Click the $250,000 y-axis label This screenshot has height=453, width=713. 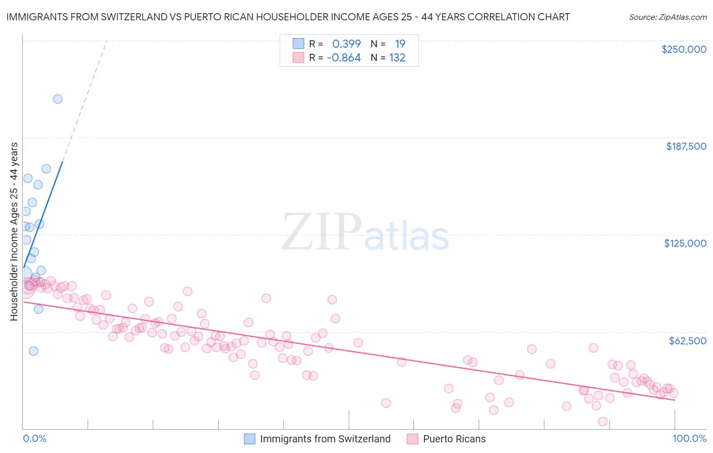tap(684, 49)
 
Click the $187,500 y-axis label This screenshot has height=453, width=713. tap(686, 146)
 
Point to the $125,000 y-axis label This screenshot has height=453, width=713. tap(685, 243)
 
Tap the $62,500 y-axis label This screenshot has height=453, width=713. tap(687, 341)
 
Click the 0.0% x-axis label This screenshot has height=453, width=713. tap(34, 438)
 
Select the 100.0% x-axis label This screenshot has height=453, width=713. tap(689, 438)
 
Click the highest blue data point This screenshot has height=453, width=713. tap(58, 99)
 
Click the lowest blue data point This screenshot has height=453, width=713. tap(33, 351)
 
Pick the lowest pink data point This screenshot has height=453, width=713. tap(603, 422)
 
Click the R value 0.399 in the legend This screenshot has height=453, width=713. tap(346, 44)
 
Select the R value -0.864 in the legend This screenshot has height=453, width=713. tap(344, 58)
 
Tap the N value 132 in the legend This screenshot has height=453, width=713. tap(397, 58)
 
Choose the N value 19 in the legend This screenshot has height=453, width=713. tap(400, 44)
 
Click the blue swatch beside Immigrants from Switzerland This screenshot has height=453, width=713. tap(249, 439)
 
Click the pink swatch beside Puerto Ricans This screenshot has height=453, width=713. tap(412, 439)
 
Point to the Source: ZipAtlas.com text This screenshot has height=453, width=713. tap(667, 17)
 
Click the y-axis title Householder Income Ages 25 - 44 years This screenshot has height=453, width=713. tap(14, 232)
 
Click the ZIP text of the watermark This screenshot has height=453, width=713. tap(321, 233)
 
